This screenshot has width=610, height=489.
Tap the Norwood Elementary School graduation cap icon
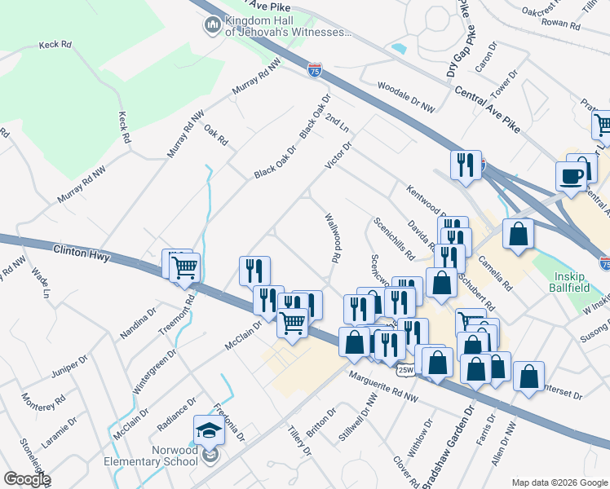click(210, 430)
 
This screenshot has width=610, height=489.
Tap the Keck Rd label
click(55, 46)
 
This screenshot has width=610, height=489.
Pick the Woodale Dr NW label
click(407, 97)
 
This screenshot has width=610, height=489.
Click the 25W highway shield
click(405, 371)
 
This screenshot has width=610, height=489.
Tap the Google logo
click(27, 479)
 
